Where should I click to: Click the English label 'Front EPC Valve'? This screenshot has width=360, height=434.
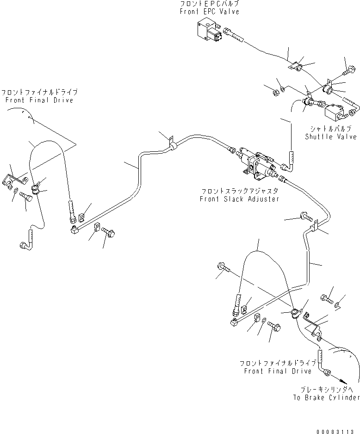coord(210,12)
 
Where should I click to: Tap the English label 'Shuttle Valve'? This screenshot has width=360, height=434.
coord(330,136)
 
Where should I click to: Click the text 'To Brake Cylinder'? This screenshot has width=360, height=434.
coord(326,397)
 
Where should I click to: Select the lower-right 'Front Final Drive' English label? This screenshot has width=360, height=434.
coord(278,371)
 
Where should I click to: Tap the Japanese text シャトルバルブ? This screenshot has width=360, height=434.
coord(330,129)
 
